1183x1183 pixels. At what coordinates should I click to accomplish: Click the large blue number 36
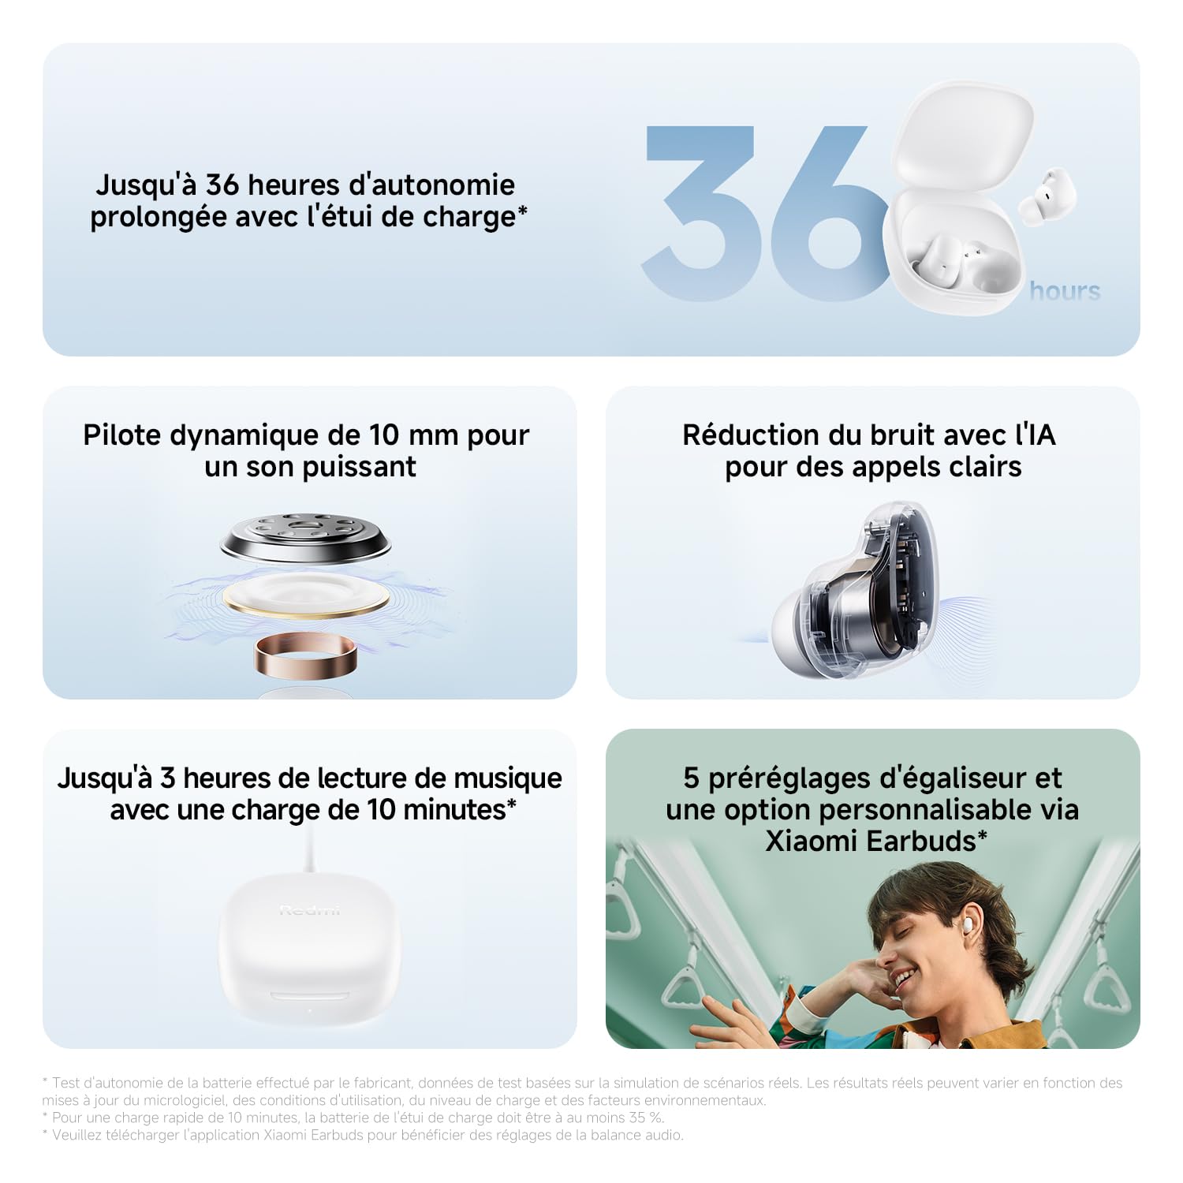coord(757,213)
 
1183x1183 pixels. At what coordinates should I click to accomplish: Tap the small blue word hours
coord(1064,291)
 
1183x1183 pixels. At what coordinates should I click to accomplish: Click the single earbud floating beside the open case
coord(1047,193)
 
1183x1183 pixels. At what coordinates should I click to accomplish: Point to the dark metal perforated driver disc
coord(306,537)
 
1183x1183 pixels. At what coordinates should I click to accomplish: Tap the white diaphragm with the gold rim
coord(306,595)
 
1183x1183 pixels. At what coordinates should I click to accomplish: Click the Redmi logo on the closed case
coord(310,911)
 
